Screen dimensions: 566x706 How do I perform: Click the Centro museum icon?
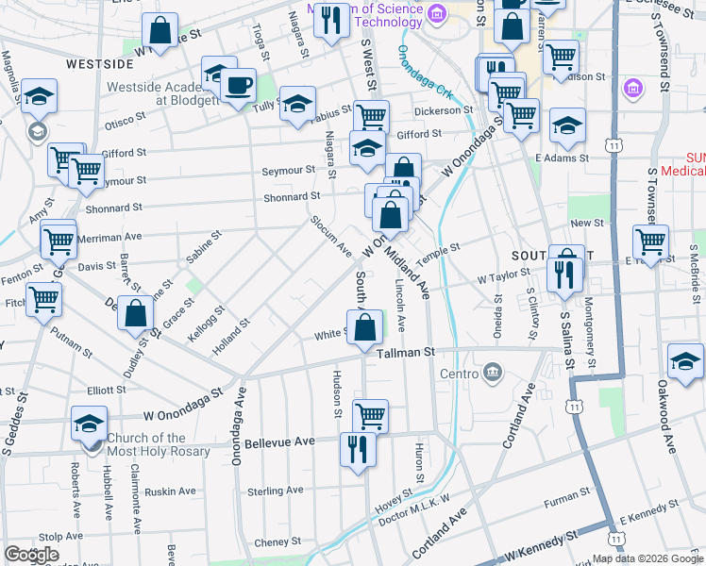[492, 374]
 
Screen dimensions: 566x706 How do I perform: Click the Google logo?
[32, 555]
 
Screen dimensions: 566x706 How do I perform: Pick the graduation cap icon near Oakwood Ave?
[685, 361]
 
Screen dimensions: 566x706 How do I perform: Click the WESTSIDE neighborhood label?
[99, 64]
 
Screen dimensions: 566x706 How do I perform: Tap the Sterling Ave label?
[275, 491]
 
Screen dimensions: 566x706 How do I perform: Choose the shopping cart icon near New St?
[650, 242]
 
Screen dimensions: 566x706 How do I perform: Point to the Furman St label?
[566, 496]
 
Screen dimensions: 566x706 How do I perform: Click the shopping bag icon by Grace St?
[136, 313]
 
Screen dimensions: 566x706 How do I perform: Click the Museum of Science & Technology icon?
[436, 13]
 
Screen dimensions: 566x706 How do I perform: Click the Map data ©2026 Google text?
[647, 558]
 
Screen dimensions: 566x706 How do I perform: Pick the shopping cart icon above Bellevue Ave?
[370, 415]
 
